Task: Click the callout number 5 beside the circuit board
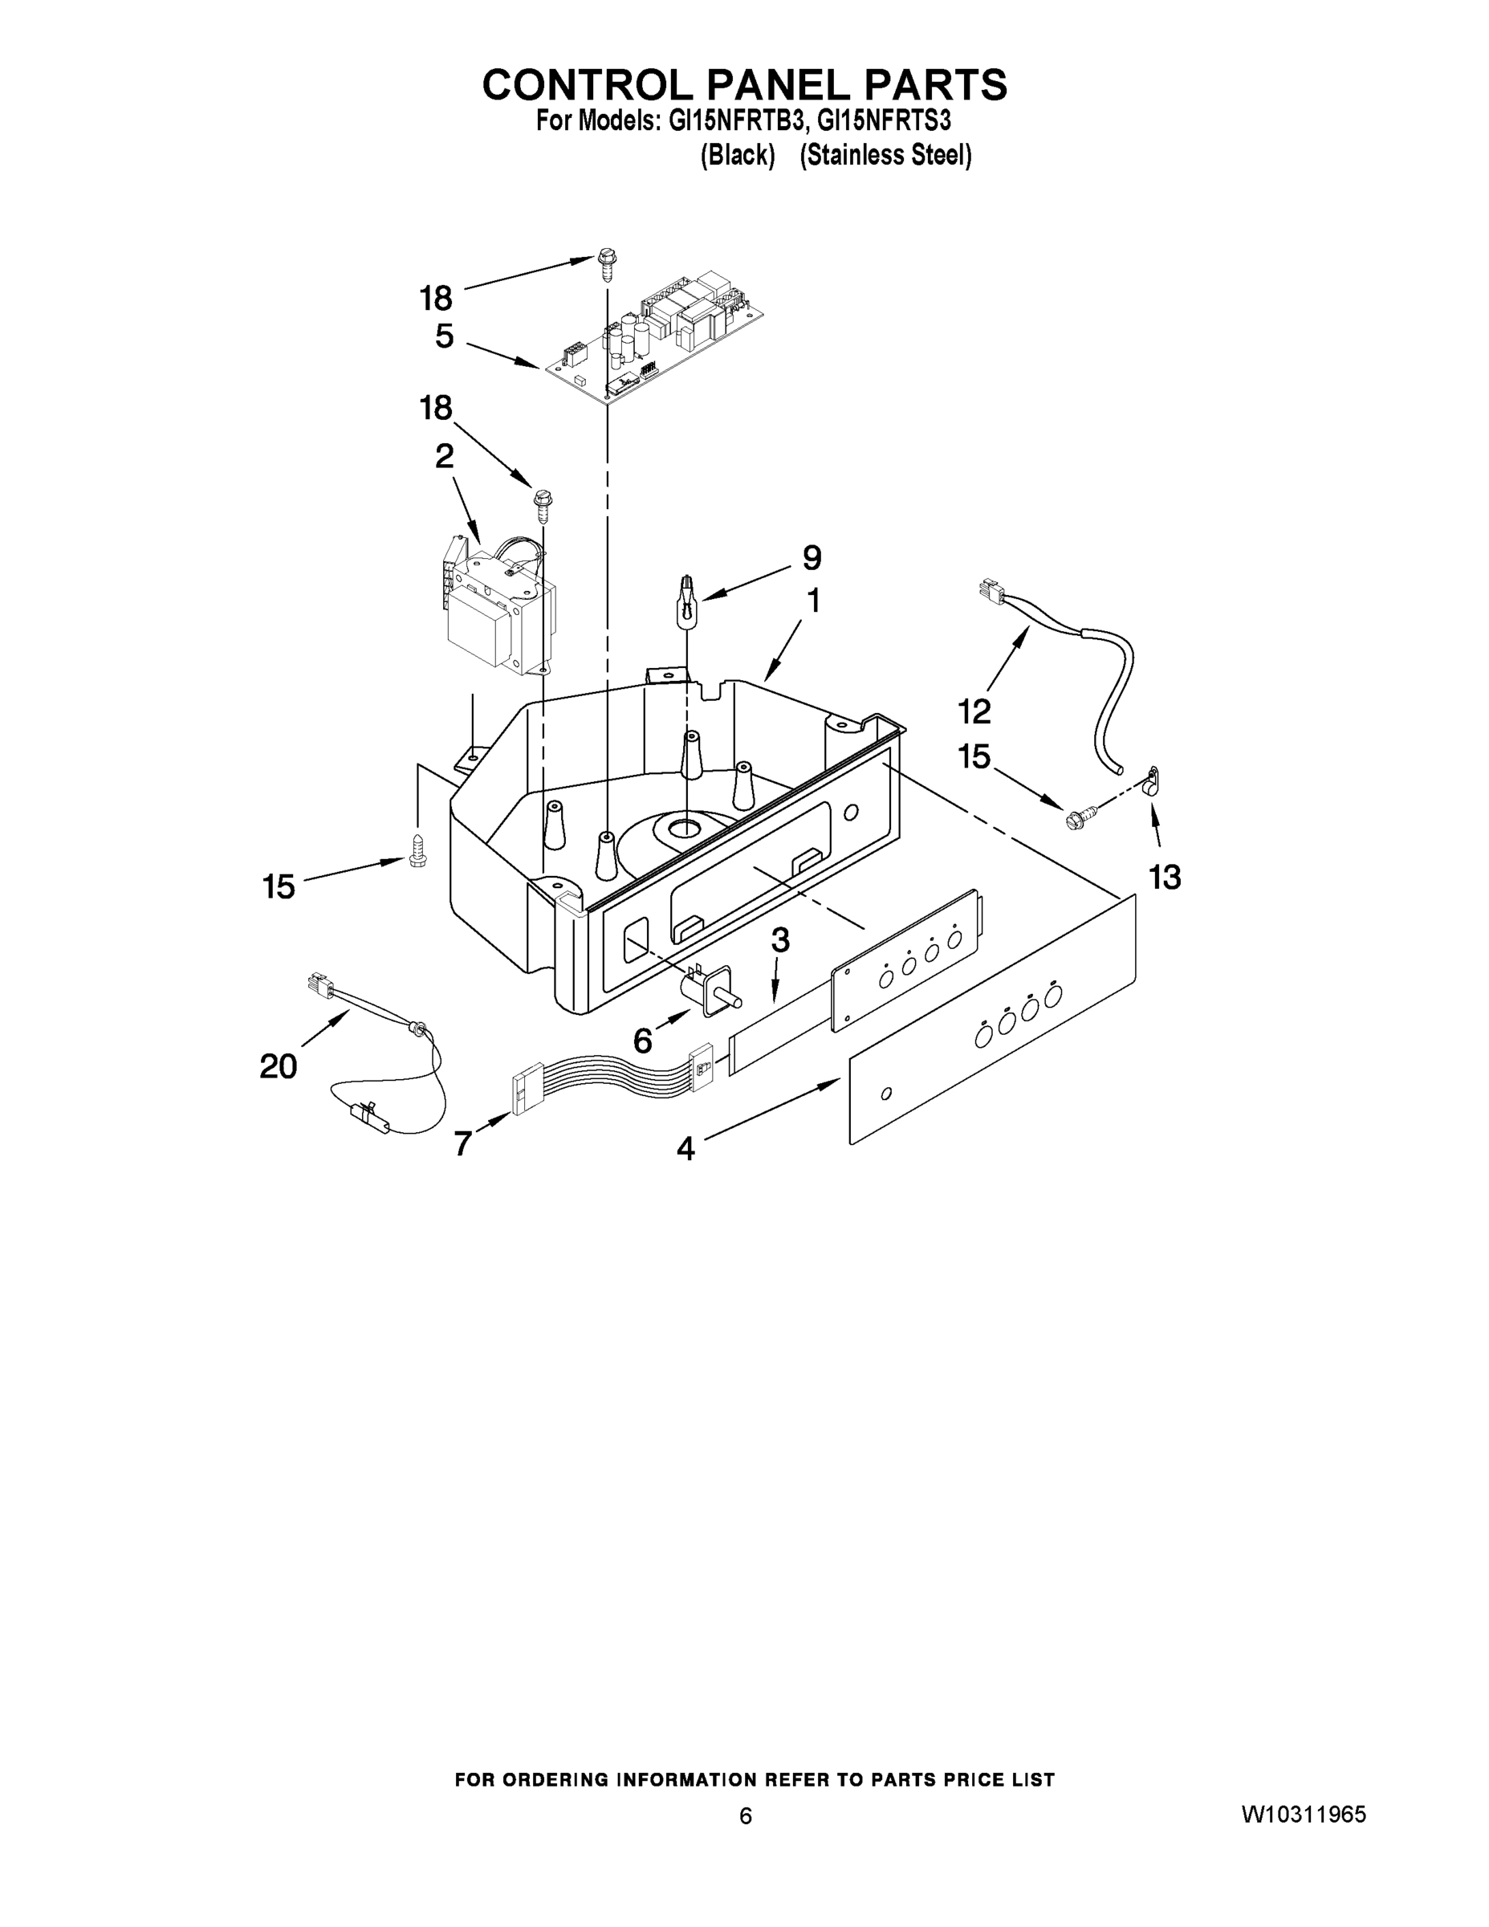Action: click(445, 336)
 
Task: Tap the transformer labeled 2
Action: click(498, 609)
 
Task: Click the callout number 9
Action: click(812, 558)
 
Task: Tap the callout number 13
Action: click(1165, 877)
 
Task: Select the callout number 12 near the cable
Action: click(974, 711)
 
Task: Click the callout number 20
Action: click(278, 1067)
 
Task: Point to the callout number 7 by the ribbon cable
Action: click(463, 1143)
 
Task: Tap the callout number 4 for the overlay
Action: click(686, 1148)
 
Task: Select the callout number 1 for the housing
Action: click(813, 601)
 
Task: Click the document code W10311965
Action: click(1304, 1815)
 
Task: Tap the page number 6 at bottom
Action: click(746, 1816)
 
